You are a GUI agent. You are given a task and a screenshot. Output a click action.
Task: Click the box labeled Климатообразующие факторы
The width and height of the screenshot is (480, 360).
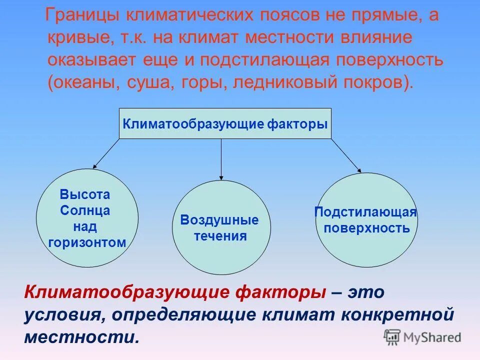click(x=225, y=123)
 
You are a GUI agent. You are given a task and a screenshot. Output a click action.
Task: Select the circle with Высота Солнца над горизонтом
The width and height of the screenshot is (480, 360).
click(x=88, y=218)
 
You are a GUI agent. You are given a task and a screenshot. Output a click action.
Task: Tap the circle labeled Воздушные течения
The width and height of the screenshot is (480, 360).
click(x=221, y=227)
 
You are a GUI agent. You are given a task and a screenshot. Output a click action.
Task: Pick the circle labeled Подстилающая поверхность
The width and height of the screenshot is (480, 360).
click(x=366, y=220)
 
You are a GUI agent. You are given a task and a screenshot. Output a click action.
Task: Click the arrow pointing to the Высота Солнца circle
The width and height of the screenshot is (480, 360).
click(x=106, y=153)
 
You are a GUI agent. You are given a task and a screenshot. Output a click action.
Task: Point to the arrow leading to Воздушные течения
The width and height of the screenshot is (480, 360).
click(x=221, y=159)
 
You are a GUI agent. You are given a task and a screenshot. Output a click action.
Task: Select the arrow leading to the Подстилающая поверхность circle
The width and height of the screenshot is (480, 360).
click(x=346, y=156)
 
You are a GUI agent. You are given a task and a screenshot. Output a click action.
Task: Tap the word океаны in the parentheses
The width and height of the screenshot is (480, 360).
click(x=86, y=81)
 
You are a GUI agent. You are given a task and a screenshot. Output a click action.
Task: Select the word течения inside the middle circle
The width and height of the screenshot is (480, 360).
click(x=220, y=236)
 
